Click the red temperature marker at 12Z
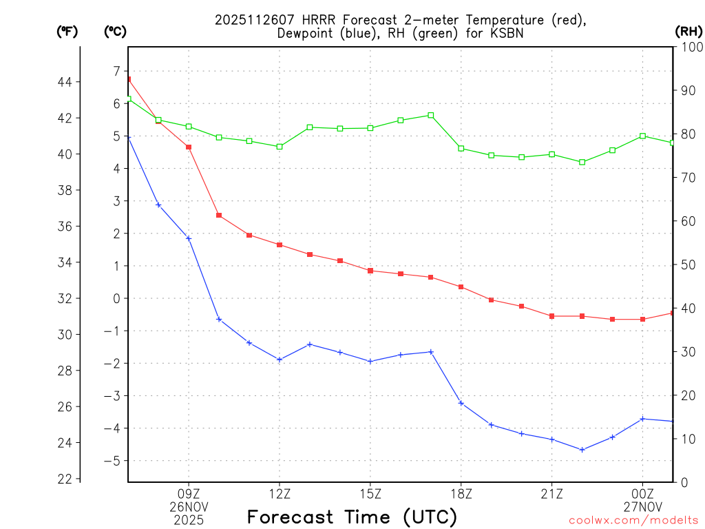[x=280, y=245]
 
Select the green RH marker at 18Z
[x=461, y=148]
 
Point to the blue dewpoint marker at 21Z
[x=552, y=439]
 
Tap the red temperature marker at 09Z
[x=189, y=147]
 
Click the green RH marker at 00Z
[x=642, y=136]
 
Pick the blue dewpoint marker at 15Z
[x=370, y=361]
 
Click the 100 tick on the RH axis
[x=691, y=47]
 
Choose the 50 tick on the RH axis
[x=688, y=264]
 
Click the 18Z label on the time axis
[x=461, y=494]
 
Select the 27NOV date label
[x=643, y=507]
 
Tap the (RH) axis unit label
[x=688, y=31]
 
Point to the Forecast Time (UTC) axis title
[x=352, y=517]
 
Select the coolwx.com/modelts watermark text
[x=633, y=520]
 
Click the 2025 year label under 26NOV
[x=189, y=519]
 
